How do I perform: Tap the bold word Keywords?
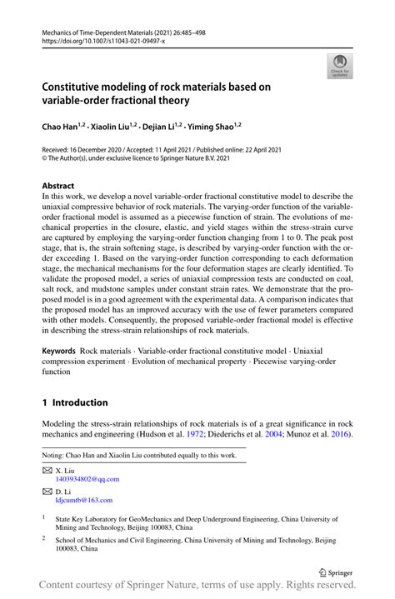pyautogui.click(x=59, y=352)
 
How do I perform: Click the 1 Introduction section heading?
pyautogui.click(x=75, y=402)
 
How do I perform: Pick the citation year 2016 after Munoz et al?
pyautogui.click(x=341, y=435)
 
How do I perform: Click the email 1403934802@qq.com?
pyautogui.click(x=87, y=479)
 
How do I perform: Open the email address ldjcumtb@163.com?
pyautogui.click(x=84, y=500)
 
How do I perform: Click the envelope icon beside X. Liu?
pyautogui.click(x=47, y=470)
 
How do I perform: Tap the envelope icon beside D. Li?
pyautogui.click(x=47, y=491)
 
